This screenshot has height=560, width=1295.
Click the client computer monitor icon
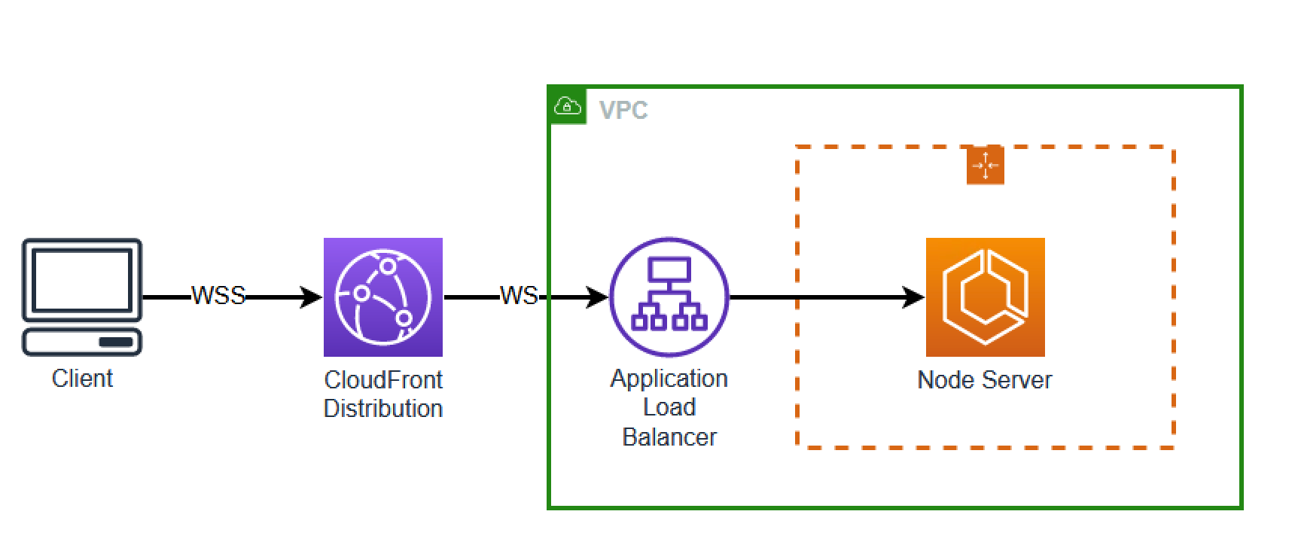tap(81, 281)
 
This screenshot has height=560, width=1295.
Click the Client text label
tap(82, 378)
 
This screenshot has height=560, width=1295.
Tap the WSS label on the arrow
tap(218, 296)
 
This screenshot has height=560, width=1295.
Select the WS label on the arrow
tap(519, 296)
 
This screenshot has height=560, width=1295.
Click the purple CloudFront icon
tap(382, 297)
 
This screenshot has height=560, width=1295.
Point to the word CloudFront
tap(382, 379)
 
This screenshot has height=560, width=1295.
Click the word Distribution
tap(382, 409)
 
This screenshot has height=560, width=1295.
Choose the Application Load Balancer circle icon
tap(669, 297)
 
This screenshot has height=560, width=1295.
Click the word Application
tap(669, 378)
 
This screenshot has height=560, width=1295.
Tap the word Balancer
tap(669, 437)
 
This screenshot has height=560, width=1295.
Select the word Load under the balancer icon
tap(669, 407)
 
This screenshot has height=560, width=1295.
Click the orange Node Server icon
tap(985, 297)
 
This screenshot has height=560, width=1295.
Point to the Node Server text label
tap(985, 379)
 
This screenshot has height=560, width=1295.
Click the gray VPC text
tap(623, 111)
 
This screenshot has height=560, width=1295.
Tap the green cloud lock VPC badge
tap(568, 105)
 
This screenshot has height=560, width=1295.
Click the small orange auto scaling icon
tap(985, 166)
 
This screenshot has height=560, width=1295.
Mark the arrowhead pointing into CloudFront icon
tap(311, 297)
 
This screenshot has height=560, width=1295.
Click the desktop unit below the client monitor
tap(81, 342)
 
